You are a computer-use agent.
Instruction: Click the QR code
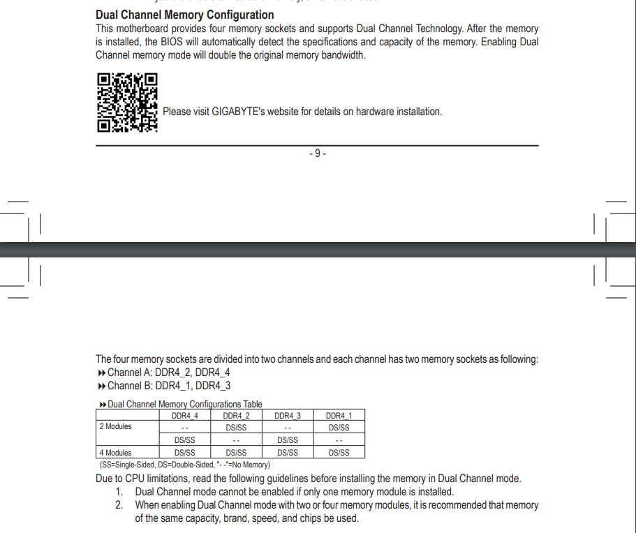[x=126, y=103]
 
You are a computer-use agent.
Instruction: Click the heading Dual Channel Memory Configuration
[x=184, y=15]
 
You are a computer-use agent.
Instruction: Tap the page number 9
[x=317, y=153]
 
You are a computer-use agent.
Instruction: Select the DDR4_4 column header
[x=185, y=416]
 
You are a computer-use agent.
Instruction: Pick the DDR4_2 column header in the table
[x=236, y=416]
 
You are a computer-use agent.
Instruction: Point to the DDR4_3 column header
[x=288, y=416]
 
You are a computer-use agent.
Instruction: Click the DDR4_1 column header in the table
[x=339, y=416]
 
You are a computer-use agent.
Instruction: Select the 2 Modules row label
[x=115, y=426]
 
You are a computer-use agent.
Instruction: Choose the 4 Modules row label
[x=115, y=453]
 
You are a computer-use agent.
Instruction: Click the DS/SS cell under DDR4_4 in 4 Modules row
[x=185, y=453]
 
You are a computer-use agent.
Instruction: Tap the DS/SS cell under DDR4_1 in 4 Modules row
[x=339, y=453]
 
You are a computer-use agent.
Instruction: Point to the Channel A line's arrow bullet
[x=101, y=373]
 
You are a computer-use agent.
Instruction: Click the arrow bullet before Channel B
[x=101, y=386]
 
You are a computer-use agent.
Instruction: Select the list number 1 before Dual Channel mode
[x=119, y=492]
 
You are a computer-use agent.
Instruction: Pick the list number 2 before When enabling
[x=119, y=505]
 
